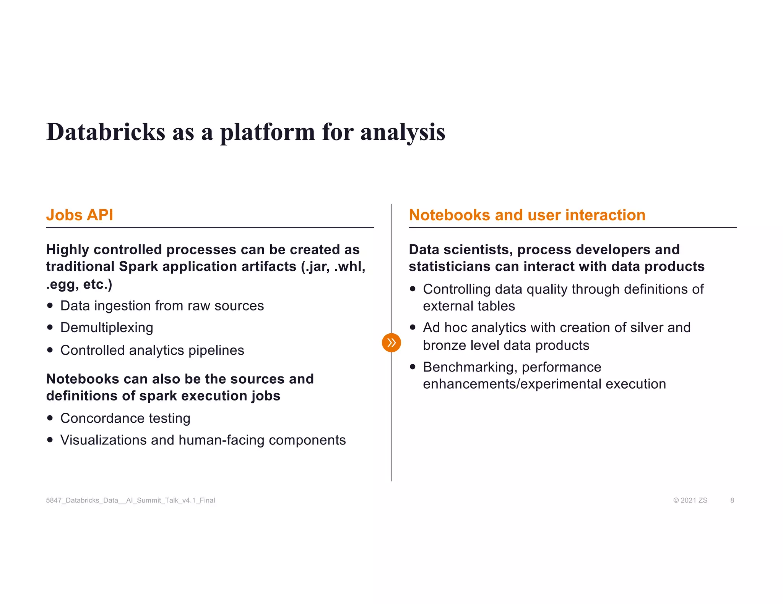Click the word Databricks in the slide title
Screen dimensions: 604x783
coord(106,132)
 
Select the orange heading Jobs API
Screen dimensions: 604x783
coord(80,215)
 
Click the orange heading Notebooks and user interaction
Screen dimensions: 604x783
coord(527,215)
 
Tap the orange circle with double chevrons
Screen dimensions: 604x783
coord(391,342)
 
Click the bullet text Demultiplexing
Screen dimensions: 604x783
coord(107,328)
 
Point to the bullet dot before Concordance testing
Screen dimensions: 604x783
coord(50,418)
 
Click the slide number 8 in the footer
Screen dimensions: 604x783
coord(732,500)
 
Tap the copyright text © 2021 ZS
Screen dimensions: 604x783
coord(690,500)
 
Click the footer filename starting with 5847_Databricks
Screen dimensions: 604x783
coord(130,500)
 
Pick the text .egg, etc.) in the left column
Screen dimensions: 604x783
coord(79,284)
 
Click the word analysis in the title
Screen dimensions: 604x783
coord(403,132)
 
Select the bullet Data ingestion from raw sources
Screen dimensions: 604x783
coord(162,306)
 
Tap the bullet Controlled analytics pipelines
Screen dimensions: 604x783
coord(152,350)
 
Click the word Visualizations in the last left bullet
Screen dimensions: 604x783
coord(104,440)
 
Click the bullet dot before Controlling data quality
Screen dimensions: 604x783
coord(413,289)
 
